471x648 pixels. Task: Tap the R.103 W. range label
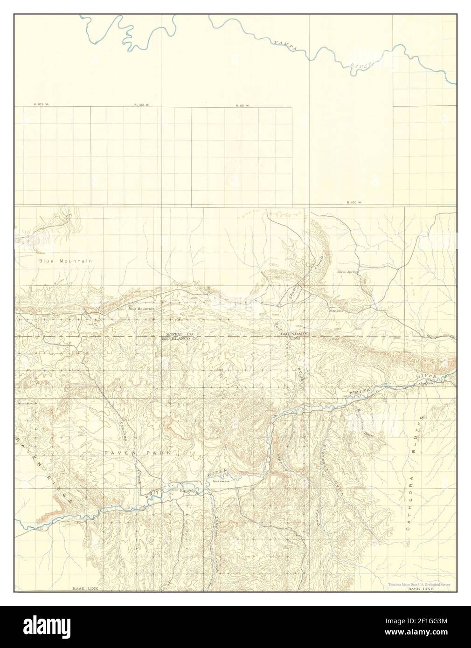[x=41, y=105]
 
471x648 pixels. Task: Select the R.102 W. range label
[x=142, y=105]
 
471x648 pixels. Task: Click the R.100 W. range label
[x=354, y=203]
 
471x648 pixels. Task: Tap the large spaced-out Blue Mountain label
[x=65, y=261]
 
